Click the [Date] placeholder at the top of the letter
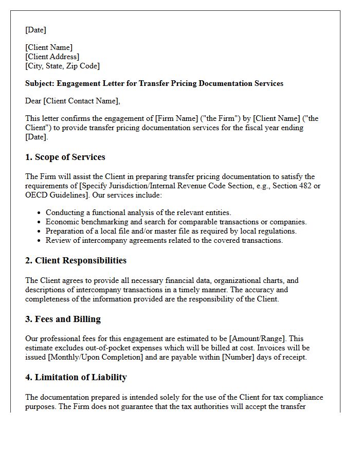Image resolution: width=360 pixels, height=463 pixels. [35, 30]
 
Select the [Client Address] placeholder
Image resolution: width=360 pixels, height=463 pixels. [52, 57]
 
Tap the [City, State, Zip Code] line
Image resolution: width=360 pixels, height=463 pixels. [62, 66]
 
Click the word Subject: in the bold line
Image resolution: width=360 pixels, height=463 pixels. [40, 83]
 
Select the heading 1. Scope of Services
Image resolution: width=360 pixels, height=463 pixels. [65, 157]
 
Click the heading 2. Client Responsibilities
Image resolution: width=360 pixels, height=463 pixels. [76, 261]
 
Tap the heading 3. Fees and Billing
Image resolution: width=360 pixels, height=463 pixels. [63, 319]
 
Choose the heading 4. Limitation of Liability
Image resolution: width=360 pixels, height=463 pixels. [76, 378]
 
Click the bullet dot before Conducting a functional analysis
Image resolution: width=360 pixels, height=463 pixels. [40, 213]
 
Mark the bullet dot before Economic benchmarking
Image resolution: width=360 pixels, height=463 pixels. [40, 222]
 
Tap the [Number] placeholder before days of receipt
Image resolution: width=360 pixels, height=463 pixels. [238, 358]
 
